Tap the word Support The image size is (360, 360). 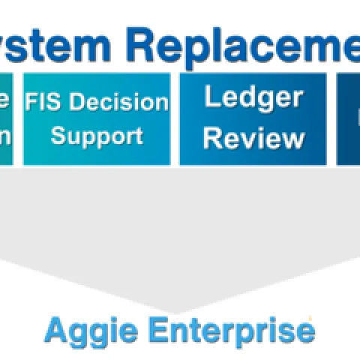point(96,136)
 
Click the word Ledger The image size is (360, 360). point(242,97)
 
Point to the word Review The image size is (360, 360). point(254,138)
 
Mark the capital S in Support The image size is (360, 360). point(58,136)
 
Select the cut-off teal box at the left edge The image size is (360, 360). point(6,118)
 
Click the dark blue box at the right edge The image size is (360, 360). point(348,118)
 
